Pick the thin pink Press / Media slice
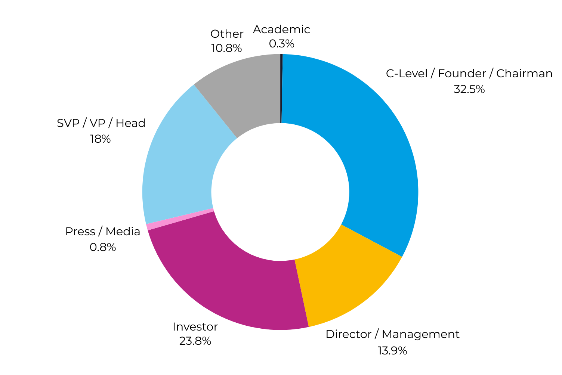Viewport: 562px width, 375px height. click(179, 219)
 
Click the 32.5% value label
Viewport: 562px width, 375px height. click(469, 90)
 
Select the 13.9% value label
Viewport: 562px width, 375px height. click(392, 351)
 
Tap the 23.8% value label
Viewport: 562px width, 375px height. click(195, 341)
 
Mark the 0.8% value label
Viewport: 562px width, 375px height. click(103, 247)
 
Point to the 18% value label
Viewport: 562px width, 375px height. click(100, 139)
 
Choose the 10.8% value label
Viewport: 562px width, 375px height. click(226, 48)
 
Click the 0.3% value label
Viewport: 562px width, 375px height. click(281, 44)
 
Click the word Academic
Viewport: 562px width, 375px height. click(281, 30)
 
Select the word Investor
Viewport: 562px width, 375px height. click(195, 327)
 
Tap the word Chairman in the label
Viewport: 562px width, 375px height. click(524, 74)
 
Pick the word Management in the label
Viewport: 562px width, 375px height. click(421, 334)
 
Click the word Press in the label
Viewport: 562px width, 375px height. click(80, 232)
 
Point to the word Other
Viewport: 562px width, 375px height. click(227, 34)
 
